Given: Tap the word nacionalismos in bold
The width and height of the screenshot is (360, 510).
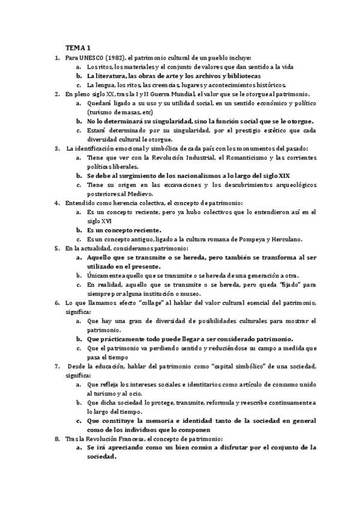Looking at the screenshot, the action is (x=194, y=176).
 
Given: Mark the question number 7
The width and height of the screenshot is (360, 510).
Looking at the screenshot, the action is (x=56, y=366).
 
